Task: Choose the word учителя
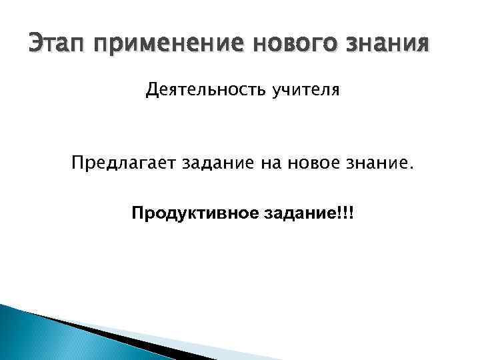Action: click(305, 89)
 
